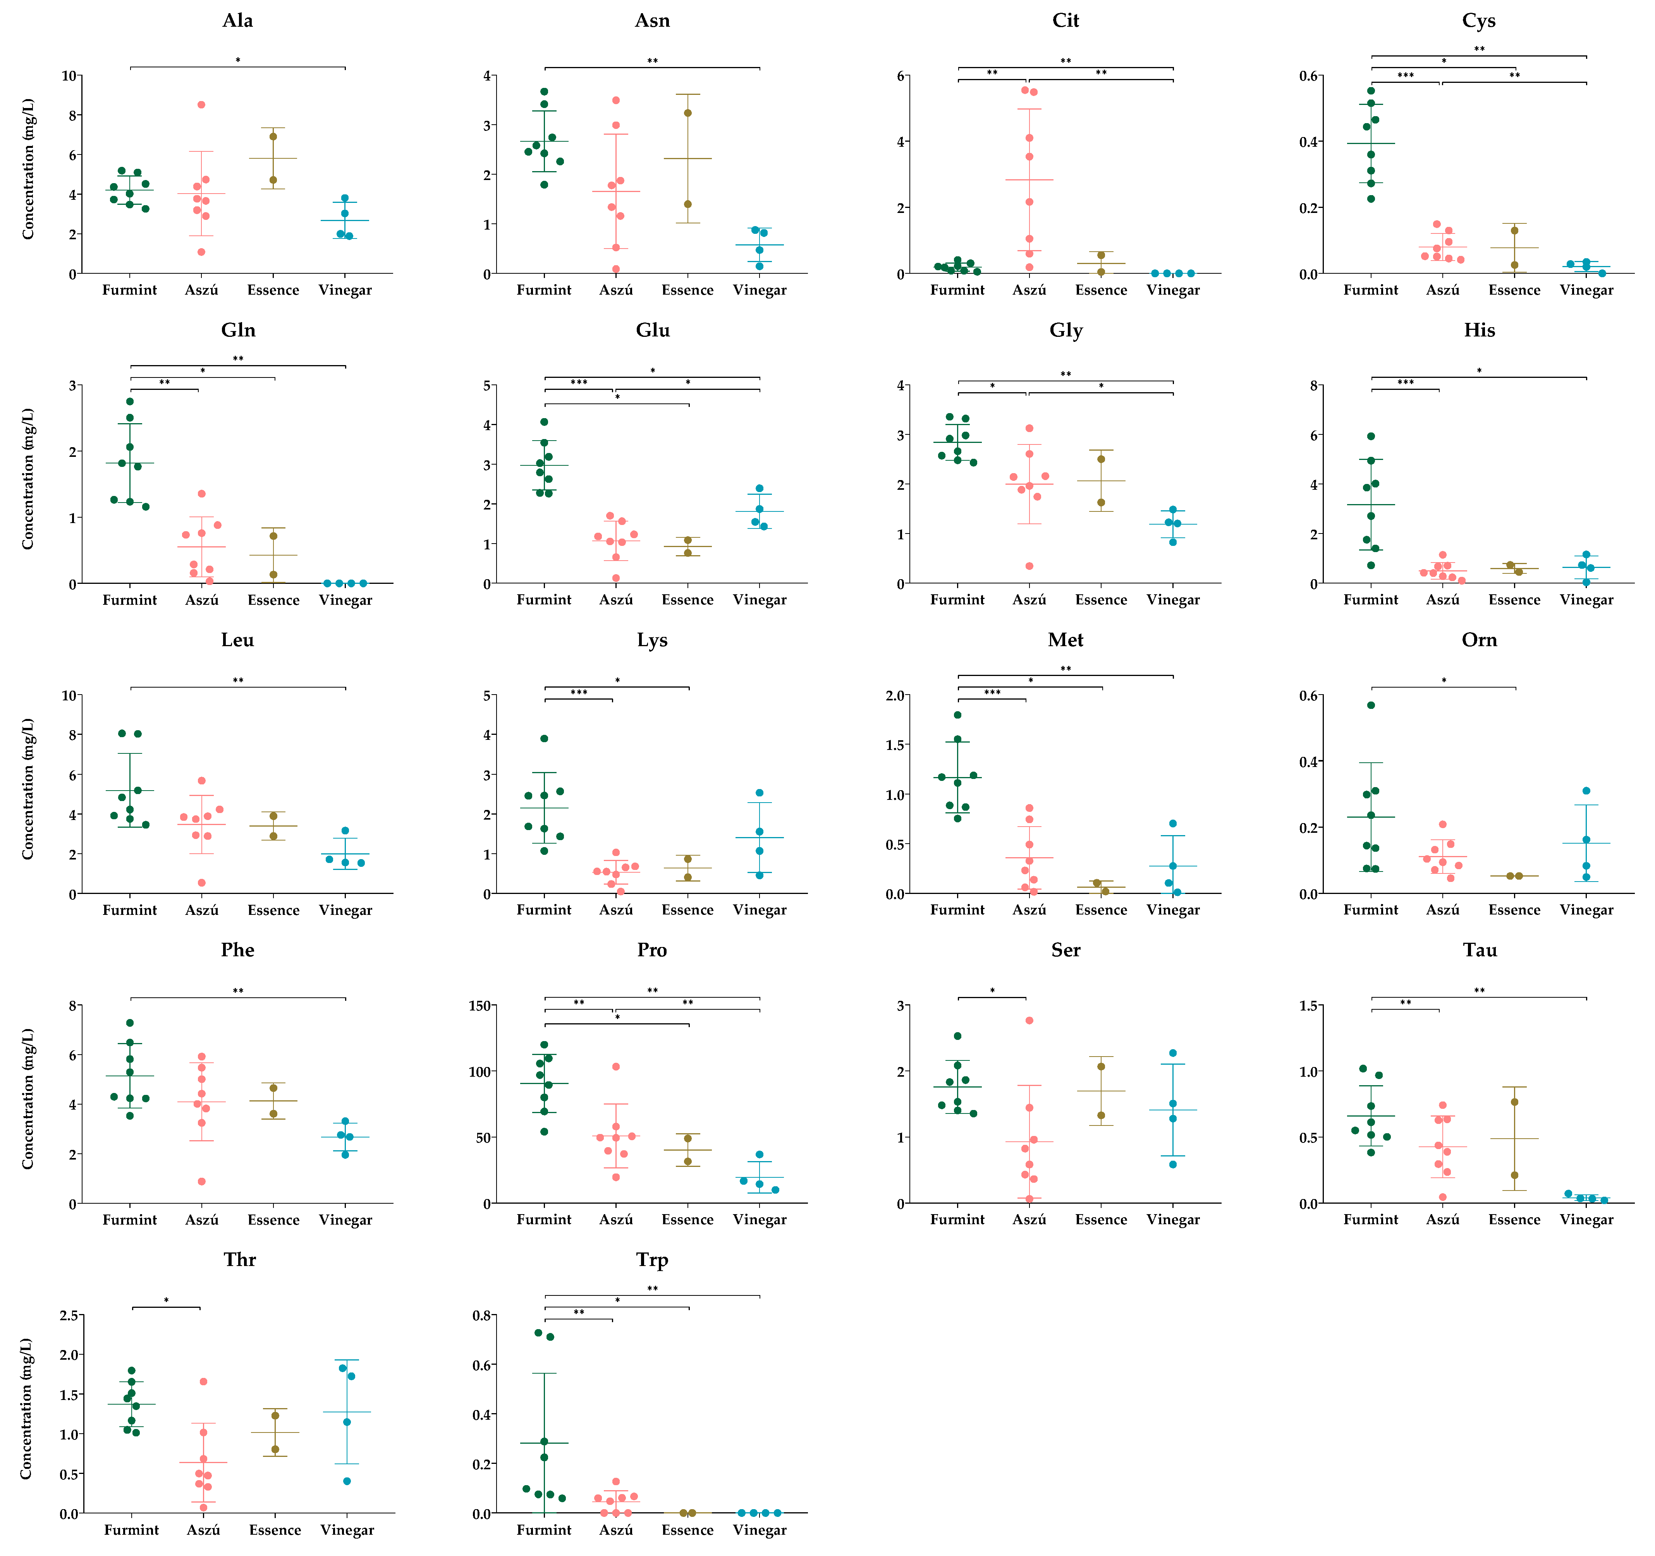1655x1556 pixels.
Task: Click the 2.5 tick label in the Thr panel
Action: coord(70,1316)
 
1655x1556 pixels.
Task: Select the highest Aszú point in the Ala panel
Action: coord(201,105)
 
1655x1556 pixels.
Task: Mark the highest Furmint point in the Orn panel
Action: coord(1371,705)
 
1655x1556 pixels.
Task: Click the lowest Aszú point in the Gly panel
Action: coord(1029,566)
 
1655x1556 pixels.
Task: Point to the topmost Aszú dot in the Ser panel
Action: coord(1029,1020)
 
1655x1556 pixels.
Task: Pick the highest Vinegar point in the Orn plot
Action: coord(1586,791)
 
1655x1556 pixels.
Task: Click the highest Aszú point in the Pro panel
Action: coord(616,1067)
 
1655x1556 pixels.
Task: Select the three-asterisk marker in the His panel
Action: coord(1405,383)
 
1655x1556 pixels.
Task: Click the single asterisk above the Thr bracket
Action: coord(167,1300)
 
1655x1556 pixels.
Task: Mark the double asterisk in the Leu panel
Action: coord(238,681)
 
